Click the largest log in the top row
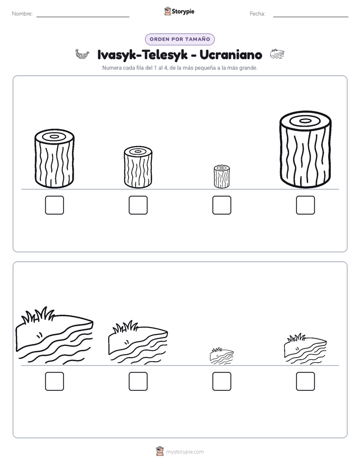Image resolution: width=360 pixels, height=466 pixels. click(306, 149)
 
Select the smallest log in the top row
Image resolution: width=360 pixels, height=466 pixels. click(221, 177)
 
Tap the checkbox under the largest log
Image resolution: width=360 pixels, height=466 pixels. click(306, 205)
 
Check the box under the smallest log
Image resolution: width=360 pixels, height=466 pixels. click(221, 205)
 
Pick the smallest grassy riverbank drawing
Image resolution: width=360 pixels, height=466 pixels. click(221, 356)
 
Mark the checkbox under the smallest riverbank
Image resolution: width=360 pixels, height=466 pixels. click(221, 381)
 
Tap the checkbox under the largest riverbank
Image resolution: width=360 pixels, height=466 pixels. click(54, 381)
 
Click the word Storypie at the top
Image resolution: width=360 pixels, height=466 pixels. click(183, 12)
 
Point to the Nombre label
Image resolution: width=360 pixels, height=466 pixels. click(22, 14)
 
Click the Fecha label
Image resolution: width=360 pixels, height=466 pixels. click(257, 14)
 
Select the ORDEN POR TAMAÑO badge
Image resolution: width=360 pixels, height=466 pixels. click(179, 39)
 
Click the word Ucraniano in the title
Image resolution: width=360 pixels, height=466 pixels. click(231, 54)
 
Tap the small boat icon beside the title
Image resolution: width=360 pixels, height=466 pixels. click(82, 54)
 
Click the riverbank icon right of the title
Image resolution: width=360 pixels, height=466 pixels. click(277, 54)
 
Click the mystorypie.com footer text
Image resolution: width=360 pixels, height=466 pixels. click(185, 452)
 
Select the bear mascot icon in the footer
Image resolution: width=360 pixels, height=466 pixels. click(160, 451)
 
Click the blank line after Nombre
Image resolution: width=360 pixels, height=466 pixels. click(83, 17)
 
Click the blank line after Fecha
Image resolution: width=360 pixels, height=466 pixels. click(311, 17)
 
